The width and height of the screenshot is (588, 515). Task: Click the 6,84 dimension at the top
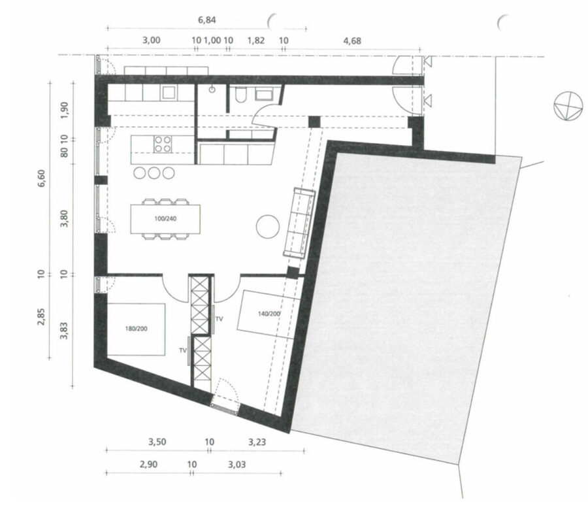coord(207,20)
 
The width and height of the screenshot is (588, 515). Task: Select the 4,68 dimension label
coord(352,41)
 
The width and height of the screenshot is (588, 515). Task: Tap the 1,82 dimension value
coord(256,40)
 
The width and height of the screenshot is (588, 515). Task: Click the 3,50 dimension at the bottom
coord(157,442)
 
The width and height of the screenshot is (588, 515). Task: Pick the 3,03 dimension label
coord(237,465)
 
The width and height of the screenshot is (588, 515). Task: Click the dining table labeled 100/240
coord(165,219)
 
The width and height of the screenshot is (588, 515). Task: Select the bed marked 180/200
coord(136,329)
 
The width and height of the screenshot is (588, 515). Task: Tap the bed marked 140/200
coord(269,314)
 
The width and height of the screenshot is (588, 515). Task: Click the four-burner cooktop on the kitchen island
coord(163,144)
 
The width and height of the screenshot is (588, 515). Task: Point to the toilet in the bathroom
coord(240,95)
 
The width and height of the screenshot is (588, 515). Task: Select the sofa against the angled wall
coord(299,223)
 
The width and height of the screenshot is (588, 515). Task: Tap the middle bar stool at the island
coord(154,173)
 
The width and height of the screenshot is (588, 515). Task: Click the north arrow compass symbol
coord(568,106)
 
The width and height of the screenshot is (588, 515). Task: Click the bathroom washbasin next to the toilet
coord(265,95)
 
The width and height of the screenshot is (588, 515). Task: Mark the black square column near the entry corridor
coord(315,122)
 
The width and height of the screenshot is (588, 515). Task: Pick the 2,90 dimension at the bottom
coord(148,465)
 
